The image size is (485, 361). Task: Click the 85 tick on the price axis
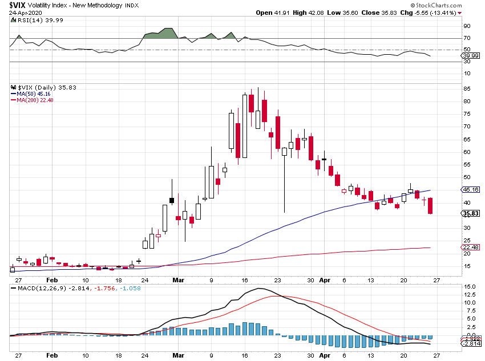(467, 89)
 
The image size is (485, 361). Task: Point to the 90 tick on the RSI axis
(467, 26)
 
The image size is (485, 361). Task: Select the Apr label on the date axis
(324, 281)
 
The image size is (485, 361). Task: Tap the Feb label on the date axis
(52, 281)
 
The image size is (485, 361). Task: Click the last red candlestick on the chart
(430, 206)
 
